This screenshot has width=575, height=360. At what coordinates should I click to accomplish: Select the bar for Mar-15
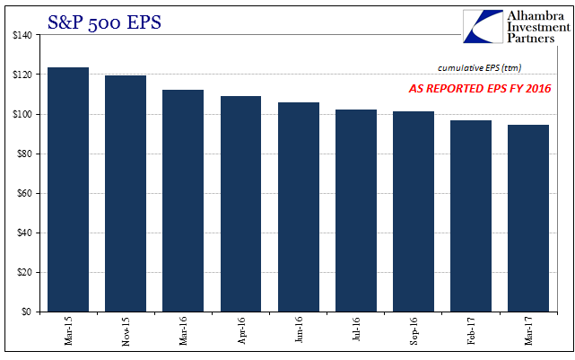point(68,189)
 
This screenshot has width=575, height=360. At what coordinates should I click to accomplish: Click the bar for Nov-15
point(126,194)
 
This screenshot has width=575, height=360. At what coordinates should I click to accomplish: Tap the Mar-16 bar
point(183,201)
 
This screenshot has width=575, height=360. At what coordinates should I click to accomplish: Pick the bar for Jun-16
point(299,207)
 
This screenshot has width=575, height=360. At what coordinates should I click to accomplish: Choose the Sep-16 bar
point(414,212)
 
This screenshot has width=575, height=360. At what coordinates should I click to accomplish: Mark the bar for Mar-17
point(528,218)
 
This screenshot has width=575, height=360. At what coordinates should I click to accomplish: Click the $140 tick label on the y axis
point(22,35)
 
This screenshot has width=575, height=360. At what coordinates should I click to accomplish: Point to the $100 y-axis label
point(22,114)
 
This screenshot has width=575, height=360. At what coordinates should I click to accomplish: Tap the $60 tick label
point(24,193)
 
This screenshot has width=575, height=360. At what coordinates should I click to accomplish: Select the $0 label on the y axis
point(26,312)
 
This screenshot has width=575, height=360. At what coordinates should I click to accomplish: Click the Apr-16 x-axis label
point(241,330)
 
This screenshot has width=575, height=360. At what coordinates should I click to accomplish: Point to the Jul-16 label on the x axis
point(356,329)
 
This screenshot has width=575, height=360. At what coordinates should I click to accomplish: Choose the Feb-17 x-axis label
point(471,330)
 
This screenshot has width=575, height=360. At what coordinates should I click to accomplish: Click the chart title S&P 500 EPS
point(104,22)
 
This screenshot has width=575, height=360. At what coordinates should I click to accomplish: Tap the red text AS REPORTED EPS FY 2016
point(480,89)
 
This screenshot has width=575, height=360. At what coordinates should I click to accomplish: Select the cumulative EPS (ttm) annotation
point(480,68)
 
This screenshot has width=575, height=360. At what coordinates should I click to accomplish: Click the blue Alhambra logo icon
point(483,27)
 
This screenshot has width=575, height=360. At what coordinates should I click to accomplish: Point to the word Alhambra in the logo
point(536,16)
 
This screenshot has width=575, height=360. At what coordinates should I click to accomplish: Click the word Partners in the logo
point(531,39)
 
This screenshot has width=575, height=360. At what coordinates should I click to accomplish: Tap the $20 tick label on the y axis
point(24,272)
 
